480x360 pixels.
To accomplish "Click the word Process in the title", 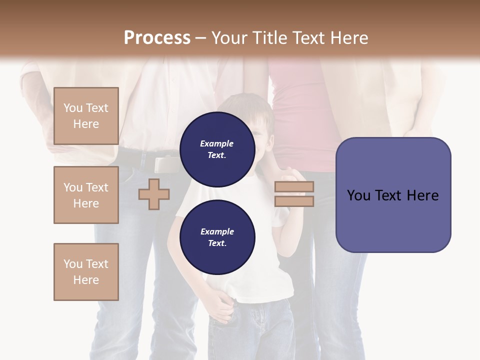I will click(157, 37).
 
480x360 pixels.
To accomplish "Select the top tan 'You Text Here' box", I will click(86, 116).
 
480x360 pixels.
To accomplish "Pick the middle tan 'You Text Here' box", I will click(86, 195).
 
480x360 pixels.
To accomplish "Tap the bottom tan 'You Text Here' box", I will click(86, 272).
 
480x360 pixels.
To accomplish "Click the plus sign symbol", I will click(154, 194).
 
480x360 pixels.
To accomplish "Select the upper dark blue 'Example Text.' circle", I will click(217, 149).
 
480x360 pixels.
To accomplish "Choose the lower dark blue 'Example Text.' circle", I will click(217, 237).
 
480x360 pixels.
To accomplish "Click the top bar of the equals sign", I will click(294, 186).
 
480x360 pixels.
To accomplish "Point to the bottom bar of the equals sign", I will click(294, 201).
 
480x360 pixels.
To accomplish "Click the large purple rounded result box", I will click(393, 195).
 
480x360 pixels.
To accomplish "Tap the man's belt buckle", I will click(165, 164).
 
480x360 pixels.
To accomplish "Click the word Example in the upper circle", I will click(217, 143).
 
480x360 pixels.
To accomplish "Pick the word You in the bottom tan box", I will click(73, 264).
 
